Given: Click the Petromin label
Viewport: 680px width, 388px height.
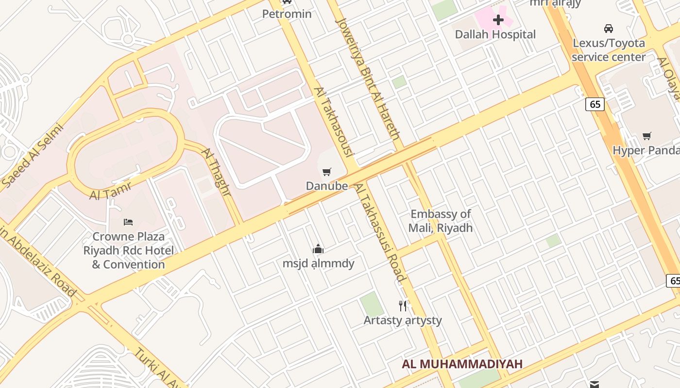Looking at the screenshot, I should (x=287, y=14).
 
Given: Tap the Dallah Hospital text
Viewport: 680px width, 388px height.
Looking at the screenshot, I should (x=495, y=34).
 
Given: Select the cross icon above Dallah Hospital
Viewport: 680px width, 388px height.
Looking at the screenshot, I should (x=498, y=20).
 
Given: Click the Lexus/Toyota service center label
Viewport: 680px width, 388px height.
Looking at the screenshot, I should (x=609, y=50).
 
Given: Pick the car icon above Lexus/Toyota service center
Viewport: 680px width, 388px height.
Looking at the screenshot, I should (x=608, y=29).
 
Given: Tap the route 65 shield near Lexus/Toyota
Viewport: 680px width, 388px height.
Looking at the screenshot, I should (x=595, y=104).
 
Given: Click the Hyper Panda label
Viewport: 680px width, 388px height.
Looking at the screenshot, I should (x=646, y=150).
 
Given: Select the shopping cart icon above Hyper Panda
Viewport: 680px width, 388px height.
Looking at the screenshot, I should (x=646, y=136).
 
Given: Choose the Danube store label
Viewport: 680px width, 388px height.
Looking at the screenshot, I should (x=327, y=186).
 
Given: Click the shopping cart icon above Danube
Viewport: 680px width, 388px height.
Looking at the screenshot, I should (x=327, y=172).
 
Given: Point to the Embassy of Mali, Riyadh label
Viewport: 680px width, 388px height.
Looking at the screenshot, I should (x=441, y=221).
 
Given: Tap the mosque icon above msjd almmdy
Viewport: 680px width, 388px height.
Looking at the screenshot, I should (x=318, y=249).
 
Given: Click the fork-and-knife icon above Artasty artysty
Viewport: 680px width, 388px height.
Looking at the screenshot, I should (x=403, y=306).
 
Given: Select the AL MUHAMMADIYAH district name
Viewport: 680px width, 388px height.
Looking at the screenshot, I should (x=462, y=364).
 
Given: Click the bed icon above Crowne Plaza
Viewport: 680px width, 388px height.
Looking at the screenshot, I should (x=128, y=222).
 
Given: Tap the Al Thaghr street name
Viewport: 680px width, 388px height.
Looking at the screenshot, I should (x=216, y=172).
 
